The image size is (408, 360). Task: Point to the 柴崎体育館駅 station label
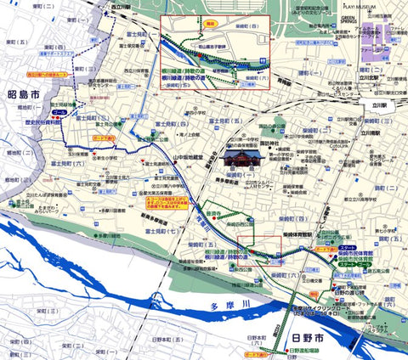click(310, 229)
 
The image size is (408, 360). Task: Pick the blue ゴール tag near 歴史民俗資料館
click(59, 111)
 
